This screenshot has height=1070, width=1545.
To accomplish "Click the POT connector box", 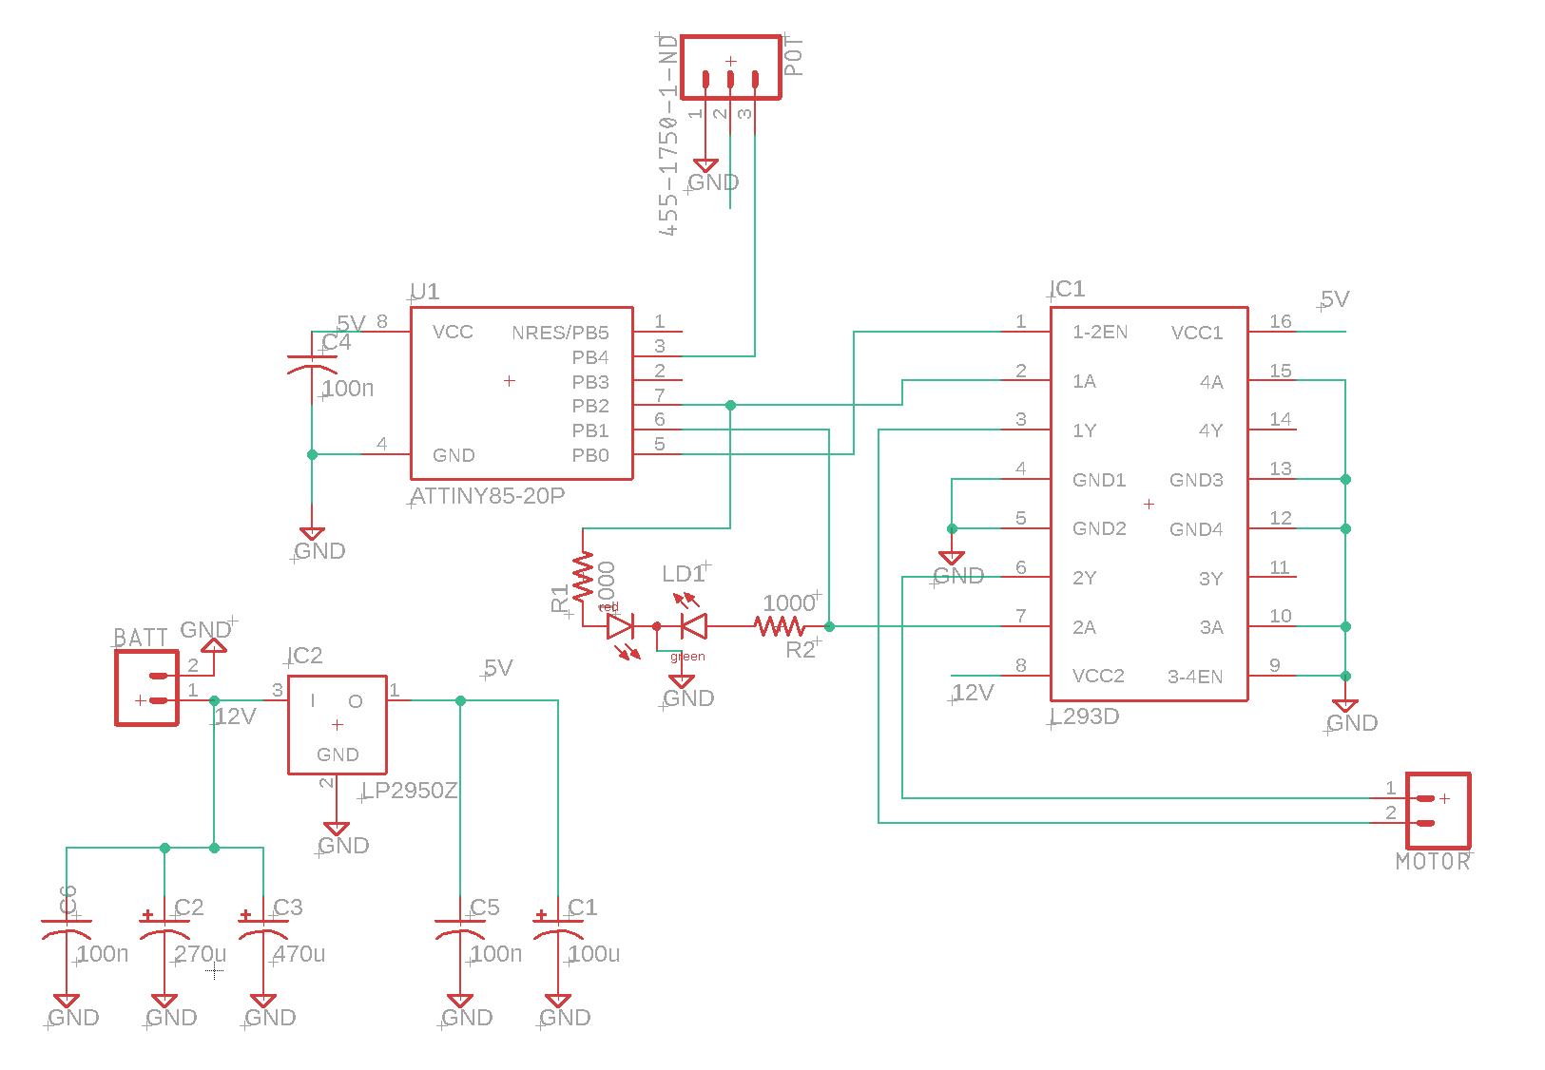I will pos(730,67).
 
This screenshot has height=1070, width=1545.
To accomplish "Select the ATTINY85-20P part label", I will pos(488,496).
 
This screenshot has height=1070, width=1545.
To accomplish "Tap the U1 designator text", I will pos(425,291).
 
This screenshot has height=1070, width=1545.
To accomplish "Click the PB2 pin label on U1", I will pos(590,406).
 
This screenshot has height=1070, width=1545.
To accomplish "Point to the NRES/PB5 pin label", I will pos(560,333).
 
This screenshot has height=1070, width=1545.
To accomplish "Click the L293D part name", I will pos(1085,717).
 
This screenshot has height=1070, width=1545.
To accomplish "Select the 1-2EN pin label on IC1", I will pos(1100,332).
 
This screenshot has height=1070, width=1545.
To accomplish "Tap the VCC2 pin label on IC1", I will pos(1098,676).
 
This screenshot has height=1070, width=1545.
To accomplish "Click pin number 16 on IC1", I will pos(1281,321).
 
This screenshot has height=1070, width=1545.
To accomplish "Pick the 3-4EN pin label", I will pos(1195,677).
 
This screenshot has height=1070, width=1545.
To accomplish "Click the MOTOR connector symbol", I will pos(1438,811).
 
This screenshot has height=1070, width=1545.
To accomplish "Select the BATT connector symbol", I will pos(146,688).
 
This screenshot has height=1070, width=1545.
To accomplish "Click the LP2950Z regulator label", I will pos(411,791).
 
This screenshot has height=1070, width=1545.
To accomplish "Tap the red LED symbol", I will pos(621,626).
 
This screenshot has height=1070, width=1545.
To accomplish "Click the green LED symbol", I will pos(694,626).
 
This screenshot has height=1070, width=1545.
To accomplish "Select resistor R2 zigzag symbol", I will pos(780,626).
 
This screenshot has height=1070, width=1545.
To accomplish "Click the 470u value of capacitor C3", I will pos(299,953).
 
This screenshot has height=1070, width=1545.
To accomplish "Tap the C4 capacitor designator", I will pos(337,343).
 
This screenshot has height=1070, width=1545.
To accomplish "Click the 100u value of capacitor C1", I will pos(594,953).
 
